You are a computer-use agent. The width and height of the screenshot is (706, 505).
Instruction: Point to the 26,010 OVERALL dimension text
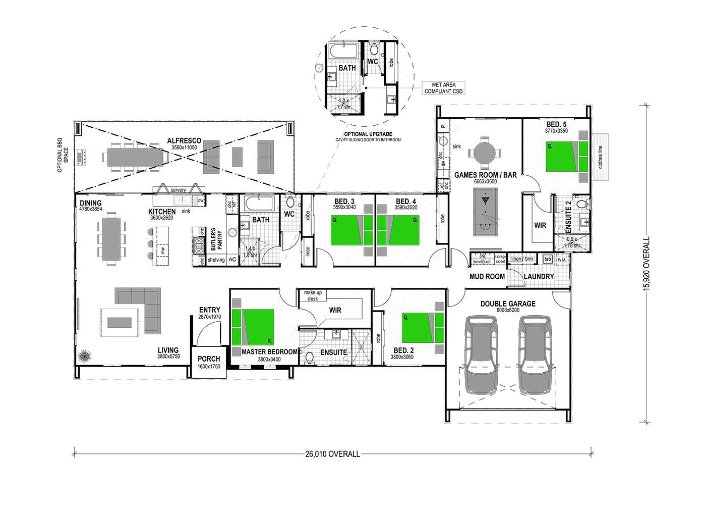coord(333,454)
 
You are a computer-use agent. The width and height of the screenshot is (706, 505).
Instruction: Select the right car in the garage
coord(536,355)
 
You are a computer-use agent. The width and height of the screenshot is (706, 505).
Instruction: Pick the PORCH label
coord(209,359)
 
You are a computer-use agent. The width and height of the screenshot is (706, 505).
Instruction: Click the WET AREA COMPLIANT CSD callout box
coord(443,88)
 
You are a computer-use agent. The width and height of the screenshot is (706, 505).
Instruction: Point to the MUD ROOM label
coord(487,276)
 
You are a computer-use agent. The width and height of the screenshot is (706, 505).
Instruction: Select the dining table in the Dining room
coord(111,237)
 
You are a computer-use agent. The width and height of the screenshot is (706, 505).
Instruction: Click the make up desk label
coord(313,295)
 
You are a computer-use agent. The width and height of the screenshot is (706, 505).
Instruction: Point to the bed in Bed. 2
coord(423,328)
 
